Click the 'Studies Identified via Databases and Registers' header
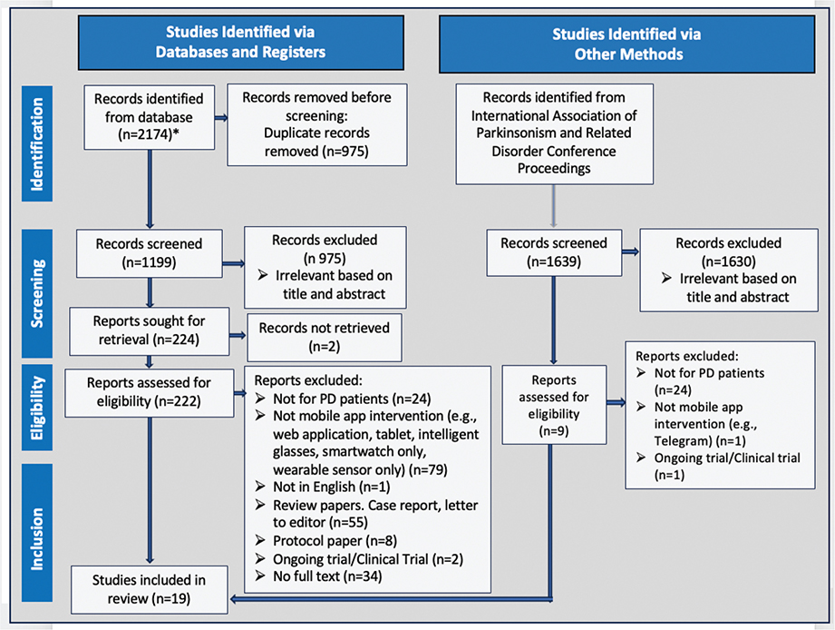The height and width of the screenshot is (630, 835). pos(240,43)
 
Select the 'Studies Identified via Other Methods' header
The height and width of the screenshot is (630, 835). pos(626,44)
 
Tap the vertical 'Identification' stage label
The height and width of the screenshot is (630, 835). pos(37,143)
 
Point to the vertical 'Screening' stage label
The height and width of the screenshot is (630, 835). pos(37,293)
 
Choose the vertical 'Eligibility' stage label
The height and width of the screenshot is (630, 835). pos(37,408)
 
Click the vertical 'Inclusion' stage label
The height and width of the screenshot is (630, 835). pos(37,533)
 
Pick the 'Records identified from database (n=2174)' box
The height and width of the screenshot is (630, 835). pos(149,117)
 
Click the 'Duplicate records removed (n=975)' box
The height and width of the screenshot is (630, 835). pos(316,124)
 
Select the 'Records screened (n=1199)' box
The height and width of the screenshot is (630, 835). pos(149,253)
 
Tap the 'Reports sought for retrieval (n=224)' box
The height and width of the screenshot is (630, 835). pos(149,331)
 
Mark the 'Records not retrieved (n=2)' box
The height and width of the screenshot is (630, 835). pos(325,338)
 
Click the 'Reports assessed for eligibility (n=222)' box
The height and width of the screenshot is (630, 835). pos(149,393)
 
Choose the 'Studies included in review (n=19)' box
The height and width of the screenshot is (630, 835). pos(149,589)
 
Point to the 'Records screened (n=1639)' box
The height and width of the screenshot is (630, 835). pos(554,252)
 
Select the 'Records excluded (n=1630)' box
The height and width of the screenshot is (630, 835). pos(729,271)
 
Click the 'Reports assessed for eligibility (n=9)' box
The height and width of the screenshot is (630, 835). pos(554,405)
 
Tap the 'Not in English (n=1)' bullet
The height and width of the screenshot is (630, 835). pos(323,487)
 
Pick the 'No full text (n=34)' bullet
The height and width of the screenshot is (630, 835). pos(318,576)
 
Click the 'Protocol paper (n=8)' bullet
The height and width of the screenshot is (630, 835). pos(325,541)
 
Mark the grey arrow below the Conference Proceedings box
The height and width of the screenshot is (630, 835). pos(554,207)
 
